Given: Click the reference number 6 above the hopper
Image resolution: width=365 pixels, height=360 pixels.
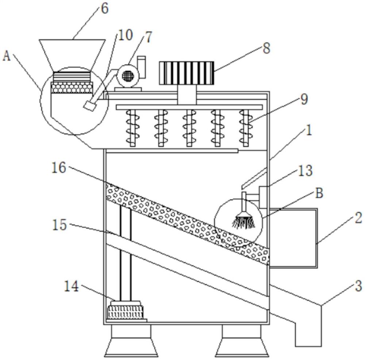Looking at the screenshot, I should [x=105, y=8].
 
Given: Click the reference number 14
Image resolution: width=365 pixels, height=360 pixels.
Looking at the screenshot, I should [x=71, y=286].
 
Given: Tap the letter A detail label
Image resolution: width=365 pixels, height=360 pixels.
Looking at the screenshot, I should [x=6, y=56].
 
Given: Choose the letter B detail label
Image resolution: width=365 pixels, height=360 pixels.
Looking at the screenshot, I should [x=319, y=193].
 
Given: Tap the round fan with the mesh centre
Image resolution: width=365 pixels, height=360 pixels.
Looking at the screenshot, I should [x=128, y=75].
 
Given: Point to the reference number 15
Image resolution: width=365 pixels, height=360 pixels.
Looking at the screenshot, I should [x=59, y=225].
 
